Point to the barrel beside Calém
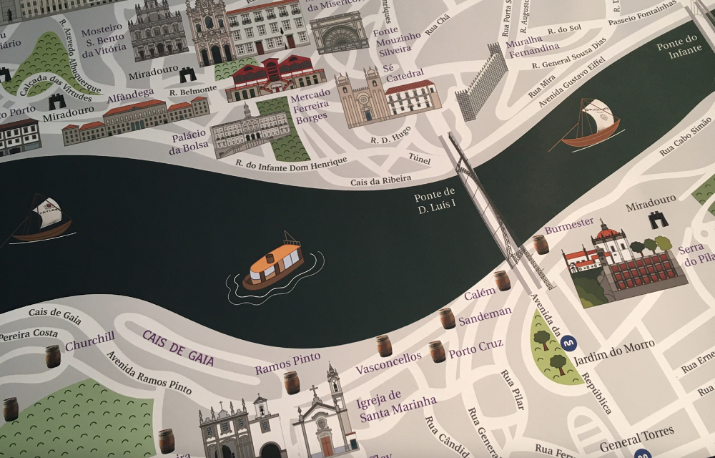[x=503, y=280]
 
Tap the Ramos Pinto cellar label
[x=287, y=363]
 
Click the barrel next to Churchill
[x=53, y=356]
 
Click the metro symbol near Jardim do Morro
[x=569, y=343]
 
